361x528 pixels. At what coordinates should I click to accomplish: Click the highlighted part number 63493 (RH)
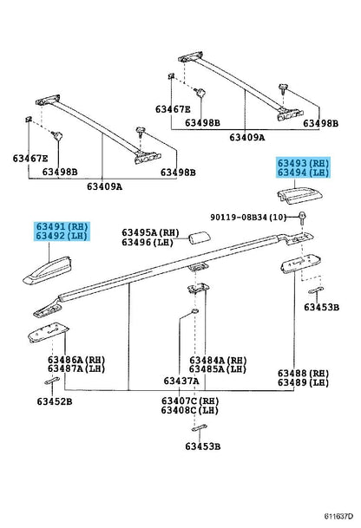303,163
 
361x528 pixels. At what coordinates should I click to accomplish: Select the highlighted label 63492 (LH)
62,236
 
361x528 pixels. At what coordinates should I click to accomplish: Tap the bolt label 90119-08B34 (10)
248,218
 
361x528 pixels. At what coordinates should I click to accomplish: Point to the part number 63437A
181,381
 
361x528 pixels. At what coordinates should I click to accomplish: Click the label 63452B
55,401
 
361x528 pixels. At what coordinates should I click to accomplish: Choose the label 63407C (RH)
190,401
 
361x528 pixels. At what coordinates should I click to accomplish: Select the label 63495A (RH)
150,232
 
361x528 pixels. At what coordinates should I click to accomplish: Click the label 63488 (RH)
303,373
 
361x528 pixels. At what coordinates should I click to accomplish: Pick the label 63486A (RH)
76,360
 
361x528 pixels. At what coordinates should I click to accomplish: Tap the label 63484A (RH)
218,361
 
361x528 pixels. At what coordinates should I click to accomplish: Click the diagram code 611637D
338,516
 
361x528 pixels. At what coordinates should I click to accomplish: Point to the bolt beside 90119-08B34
302,217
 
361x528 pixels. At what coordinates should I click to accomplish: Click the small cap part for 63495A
200,238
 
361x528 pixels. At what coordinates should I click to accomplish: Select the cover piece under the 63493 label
299,196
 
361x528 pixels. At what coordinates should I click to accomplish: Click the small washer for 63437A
194,310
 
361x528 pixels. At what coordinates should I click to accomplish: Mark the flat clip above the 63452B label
52,381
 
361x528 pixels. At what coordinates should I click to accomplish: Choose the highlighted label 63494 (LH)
303,173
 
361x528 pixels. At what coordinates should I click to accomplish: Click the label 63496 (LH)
148,242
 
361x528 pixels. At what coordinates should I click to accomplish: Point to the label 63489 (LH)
303,382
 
